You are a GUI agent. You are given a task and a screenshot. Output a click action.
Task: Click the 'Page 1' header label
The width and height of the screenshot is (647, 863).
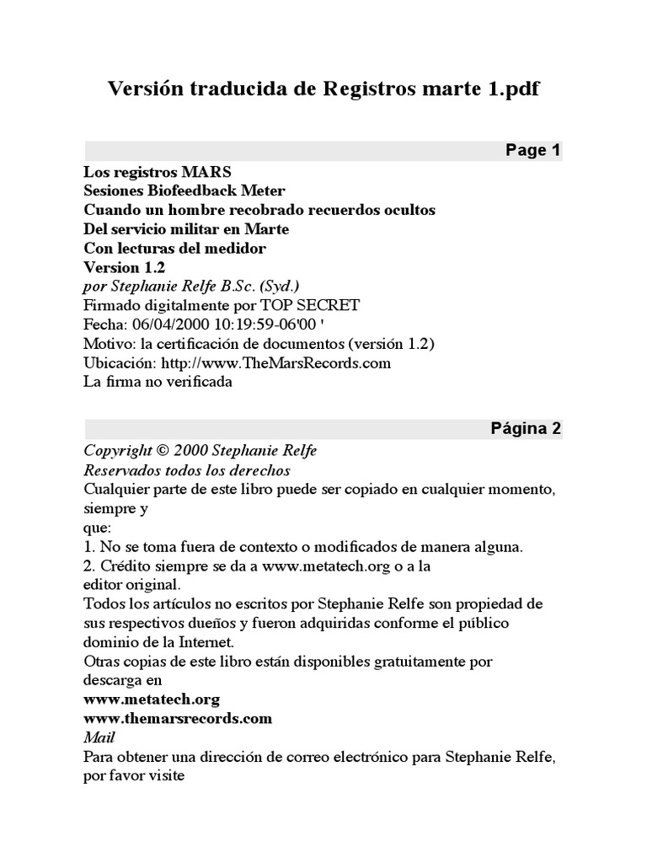click(532, 151)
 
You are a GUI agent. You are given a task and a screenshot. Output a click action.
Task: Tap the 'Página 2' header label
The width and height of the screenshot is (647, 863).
click(526, 428)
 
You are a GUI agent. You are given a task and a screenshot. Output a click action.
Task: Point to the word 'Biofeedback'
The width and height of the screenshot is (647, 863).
click(187, 190)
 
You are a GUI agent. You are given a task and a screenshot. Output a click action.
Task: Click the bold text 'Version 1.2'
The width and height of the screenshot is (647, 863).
click(125, 267)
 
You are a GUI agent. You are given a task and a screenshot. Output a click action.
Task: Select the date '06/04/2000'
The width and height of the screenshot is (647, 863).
click(165, 324)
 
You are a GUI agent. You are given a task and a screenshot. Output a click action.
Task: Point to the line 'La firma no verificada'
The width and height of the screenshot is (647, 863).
click(158, 382)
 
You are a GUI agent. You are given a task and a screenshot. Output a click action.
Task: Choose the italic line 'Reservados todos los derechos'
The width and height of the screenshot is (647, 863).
click(186, 469)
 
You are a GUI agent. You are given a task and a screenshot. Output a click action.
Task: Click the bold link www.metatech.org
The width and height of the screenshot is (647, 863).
click(152, 699)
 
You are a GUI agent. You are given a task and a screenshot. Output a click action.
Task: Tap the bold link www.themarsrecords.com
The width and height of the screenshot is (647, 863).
click(178, 718)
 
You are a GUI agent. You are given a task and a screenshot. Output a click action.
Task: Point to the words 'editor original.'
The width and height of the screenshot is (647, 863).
click(131, 584)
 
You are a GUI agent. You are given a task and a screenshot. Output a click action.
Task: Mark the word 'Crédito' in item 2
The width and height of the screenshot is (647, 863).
click(125, 566)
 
